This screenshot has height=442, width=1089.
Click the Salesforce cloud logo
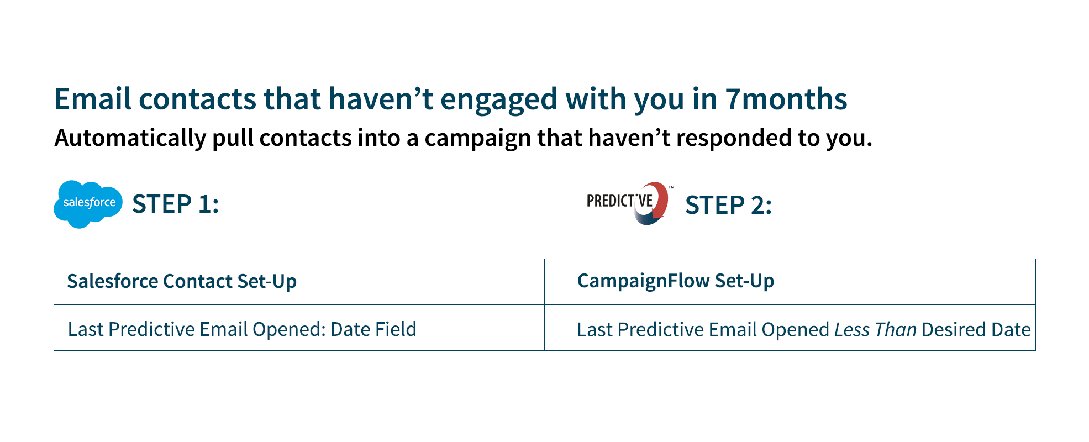coord(88,204)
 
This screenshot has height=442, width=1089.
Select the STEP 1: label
coord(176,204)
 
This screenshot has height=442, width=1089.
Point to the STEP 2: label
coord(728,205)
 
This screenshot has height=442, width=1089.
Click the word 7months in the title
coord(786,99)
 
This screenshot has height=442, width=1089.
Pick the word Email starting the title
coord(93,99)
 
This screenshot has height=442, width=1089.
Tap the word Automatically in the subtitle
coord(130,138)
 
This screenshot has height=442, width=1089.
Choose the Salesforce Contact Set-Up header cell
coord(299,282)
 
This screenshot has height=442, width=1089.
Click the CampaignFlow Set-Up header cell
coord(790,282)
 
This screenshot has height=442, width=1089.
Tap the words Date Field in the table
coord(373,329)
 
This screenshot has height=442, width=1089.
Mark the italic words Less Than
coord(875,330)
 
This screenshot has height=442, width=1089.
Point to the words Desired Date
coord(976,330)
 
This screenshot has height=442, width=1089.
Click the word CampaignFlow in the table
coord(643,281)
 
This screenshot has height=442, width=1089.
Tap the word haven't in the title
coord(381,99)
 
